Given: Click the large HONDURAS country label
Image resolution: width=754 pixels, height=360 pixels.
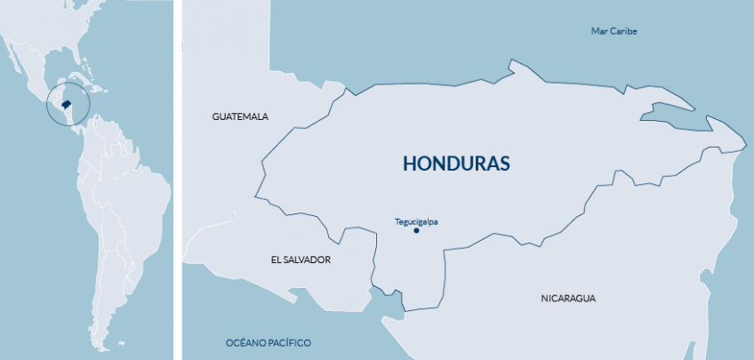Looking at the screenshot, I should point(456,164).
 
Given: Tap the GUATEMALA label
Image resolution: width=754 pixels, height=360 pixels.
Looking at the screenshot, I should point(240,116).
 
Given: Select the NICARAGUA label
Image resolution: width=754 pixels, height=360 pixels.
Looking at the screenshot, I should point(567,298).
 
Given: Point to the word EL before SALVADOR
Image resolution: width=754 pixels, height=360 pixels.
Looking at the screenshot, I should point(276,260).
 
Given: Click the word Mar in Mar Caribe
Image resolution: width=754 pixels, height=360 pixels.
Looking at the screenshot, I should point(600,31).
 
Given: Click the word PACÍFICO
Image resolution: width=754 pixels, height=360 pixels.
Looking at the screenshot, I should point(291,342).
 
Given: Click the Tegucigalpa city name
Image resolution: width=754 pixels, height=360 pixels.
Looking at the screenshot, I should point(416,221).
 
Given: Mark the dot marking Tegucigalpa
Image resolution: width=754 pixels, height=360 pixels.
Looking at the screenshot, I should point(416,230).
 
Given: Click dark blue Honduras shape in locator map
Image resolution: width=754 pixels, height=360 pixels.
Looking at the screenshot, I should point(66,105).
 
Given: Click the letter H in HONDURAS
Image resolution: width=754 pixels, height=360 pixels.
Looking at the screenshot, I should point(410,164).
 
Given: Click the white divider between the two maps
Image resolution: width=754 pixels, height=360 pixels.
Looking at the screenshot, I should point(178,178).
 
